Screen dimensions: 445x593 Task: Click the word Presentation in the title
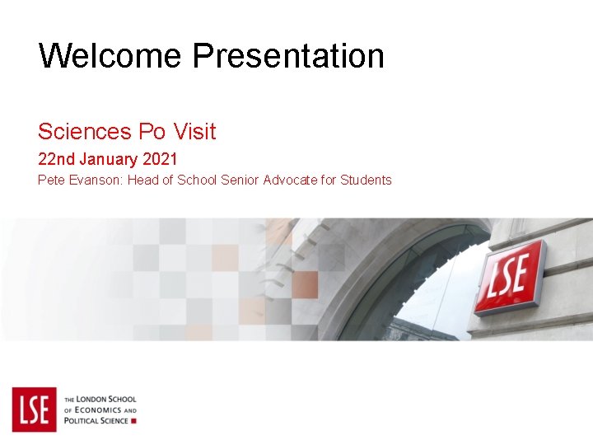[x=288, y=56]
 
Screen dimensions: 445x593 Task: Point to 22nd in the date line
[x=54, y=158]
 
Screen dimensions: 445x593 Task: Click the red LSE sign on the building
[x=510, y=276]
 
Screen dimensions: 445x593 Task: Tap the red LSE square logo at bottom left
[x=34, y=409]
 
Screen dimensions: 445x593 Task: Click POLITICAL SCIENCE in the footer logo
[x=96, y=421]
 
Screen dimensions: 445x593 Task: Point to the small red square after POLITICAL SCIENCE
[x=134, y=421]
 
